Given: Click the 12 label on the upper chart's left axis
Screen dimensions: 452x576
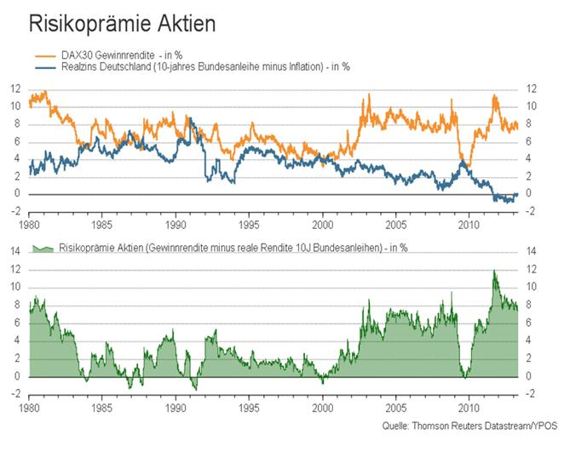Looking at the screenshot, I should click(16, 89).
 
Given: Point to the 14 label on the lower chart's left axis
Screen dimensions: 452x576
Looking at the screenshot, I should click(16, 252).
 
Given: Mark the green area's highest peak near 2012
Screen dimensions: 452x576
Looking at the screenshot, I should click(494, 272).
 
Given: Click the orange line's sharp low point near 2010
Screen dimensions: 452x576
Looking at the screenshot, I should click(465, 165).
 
